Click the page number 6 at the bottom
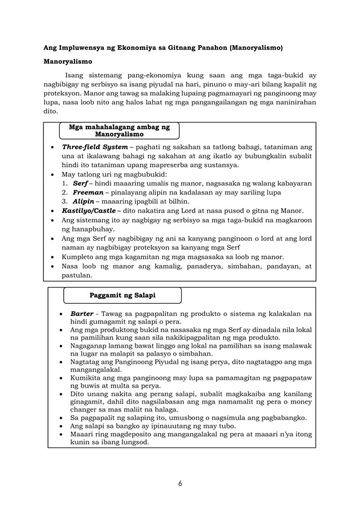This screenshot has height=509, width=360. [x=179, y=483]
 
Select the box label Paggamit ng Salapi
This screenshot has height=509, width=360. [x=122, y=295]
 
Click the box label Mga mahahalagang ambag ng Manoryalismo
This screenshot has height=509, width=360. [x=119, y=131]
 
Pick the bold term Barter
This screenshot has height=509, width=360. [x=82, y=313]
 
